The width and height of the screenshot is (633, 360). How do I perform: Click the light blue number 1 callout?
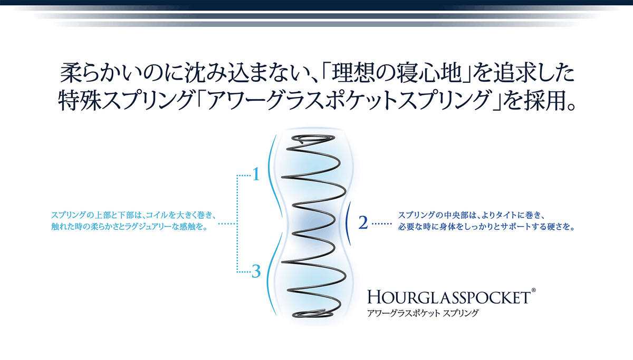tap(256, 174)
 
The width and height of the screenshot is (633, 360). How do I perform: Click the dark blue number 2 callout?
tap(363, 222)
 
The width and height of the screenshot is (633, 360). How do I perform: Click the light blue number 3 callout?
tap(256, 271)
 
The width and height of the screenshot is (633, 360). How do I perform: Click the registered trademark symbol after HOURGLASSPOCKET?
tap(533, 290)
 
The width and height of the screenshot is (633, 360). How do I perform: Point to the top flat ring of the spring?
tap(313, 138)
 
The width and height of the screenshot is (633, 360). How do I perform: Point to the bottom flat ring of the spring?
tap(313, 313)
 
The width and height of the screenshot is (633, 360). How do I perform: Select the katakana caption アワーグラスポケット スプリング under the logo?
tap(423, 313)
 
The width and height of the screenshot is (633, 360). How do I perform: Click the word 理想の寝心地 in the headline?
tap(397, 73)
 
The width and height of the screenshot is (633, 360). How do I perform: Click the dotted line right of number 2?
tap(381, 223)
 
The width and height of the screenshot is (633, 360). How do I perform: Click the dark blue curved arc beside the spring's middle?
tap(347, 223)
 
